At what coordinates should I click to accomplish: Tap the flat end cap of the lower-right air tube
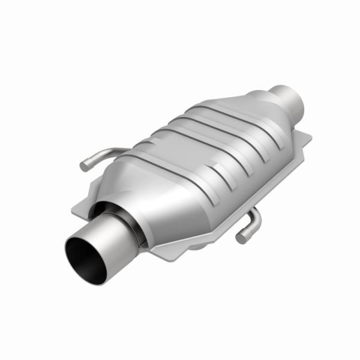pos(241,238)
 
